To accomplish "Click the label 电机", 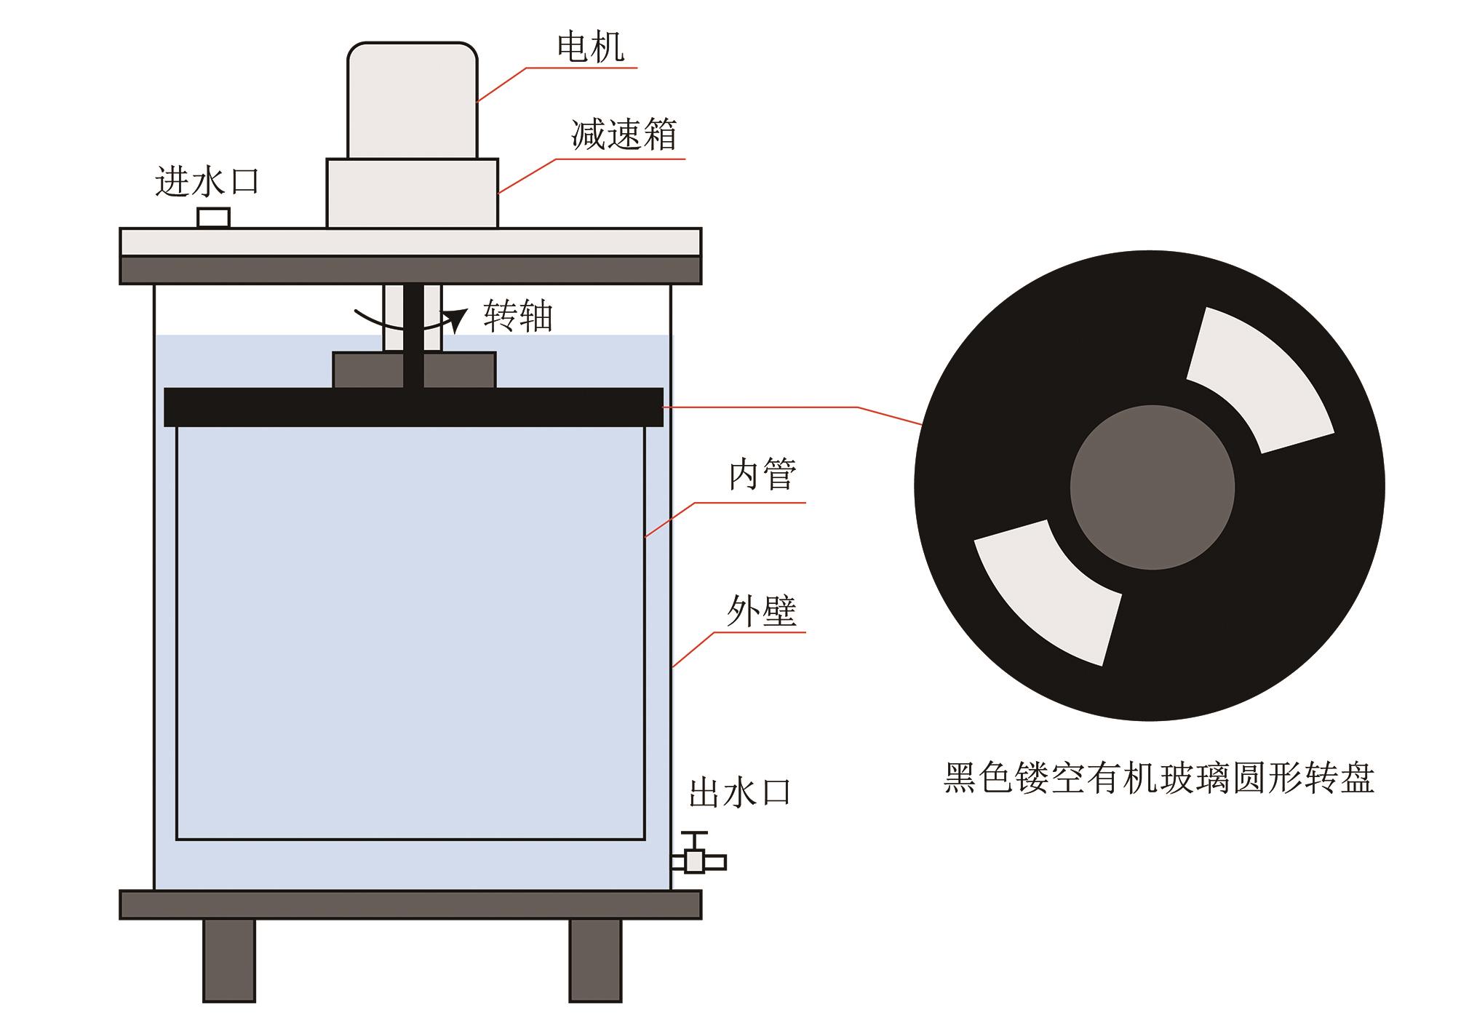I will pos(590,47).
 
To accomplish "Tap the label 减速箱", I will pos(624,135).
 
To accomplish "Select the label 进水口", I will pos(207,181).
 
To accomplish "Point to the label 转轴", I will pos(518,317).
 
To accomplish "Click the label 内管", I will pos(763,475).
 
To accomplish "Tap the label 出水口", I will pos(739,793).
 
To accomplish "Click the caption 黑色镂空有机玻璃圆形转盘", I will pos(1158,779).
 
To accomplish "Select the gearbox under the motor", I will pos(412,193).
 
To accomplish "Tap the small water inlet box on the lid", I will pos(214,218).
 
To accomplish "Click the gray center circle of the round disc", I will pos(1152,487).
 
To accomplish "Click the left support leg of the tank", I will pos(229,960).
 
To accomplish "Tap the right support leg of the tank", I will pos(595,960).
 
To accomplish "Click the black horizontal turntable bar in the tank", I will pos(413,407).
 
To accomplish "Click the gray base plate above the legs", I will pos(410,904).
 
